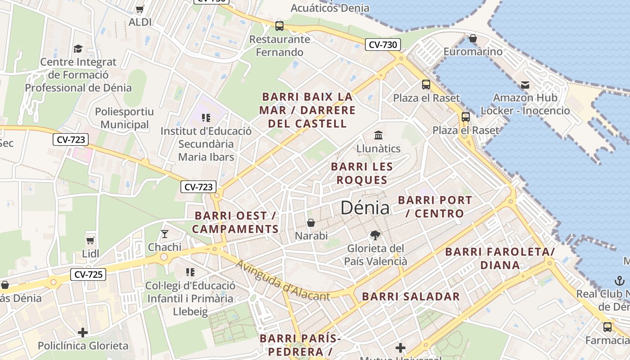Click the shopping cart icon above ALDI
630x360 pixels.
(140, 9)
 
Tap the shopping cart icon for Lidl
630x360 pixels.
(90, 240)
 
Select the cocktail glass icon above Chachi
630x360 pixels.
(164, 234)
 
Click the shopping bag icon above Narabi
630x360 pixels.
(311, 223)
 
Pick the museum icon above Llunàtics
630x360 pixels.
(378, 135)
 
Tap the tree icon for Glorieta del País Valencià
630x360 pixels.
(374, 235)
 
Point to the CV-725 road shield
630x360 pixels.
(88, 274)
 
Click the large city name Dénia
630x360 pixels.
(365, 207)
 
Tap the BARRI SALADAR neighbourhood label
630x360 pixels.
(411, 297)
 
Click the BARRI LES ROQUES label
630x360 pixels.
(362, 173)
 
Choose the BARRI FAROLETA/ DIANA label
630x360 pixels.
(500, 258)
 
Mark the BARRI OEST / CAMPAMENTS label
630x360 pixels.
(235, 222)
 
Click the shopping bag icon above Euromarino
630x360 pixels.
(472, 39)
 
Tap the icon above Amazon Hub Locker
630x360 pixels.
(525, 85)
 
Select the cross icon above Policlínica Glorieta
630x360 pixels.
(83, 333)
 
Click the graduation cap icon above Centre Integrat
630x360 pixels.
(78, 49)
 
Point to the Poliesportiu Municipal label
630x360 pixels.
(124, 118)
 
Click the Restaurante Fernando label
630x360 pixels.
(279, 46)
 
